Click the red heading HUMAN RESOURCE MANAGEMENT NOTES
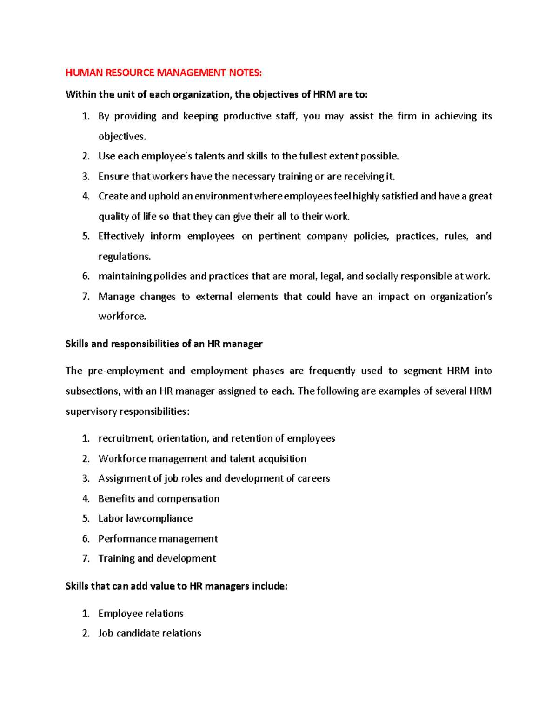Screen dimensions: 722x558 point(164,73)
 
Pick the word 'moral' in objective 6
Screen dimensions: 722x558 point(303,276)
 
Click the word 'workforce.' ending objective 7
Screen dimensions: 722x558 point(122,317)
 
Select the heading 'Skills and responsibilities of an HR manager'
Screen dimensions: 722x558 point(164,344)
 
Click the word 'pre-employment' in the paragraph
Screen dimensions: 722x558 point(126,371)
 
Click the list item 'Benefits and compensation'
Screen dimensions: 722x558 point(159,499)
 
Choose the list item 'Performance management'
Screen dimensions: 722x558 point(158,539)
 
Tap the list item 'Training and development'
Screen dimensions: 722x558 point(157,558)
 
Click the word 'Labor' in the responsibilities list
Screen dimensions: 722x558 point(111,518)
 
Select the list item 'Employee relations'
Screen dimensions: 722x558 point(141,614)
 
